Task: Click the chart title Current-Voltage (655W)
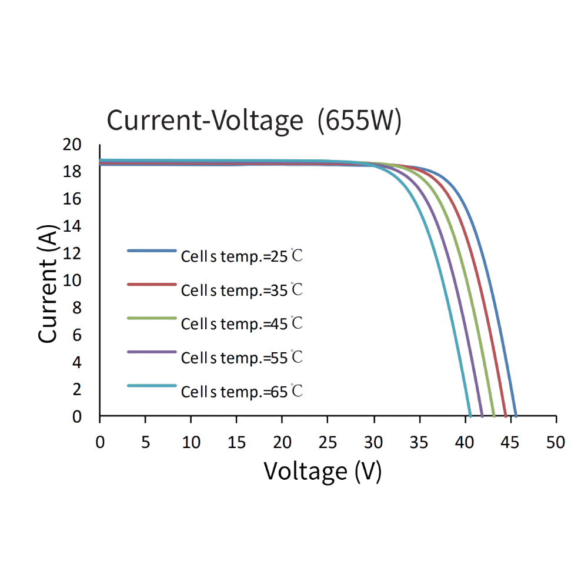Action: pos(254,121)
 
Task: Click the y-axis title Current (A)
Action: pos(49,284)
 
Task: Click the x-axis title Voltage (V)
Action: pos(322,470)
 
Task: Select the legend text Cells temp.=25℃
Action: pos(242,256)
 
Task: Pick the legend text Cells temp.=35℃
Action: pos(242,290)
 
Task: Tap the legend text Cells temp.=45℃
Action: pos(242,323)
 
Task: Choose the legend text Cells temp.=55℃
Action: pos(242,358)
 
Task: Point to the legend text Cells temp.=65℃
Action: pos(242,392)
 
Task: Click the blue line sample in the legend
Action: pos(152,250)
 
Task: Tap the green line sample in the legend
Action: pos(152,318)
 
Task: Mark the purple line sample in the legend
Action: pos(152,352)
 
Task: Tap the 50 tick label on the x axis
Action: pos(555,442)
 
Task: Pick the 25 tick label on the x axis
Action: pos(328,442)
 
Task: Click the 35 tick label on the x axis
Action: pos(419,442)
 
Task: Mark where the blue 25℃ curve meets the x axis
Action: pos(516,416)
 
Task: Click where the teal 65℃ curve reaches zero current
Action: pos(470,416)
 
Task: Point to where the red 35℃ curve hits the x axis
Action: pos(505,416)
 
